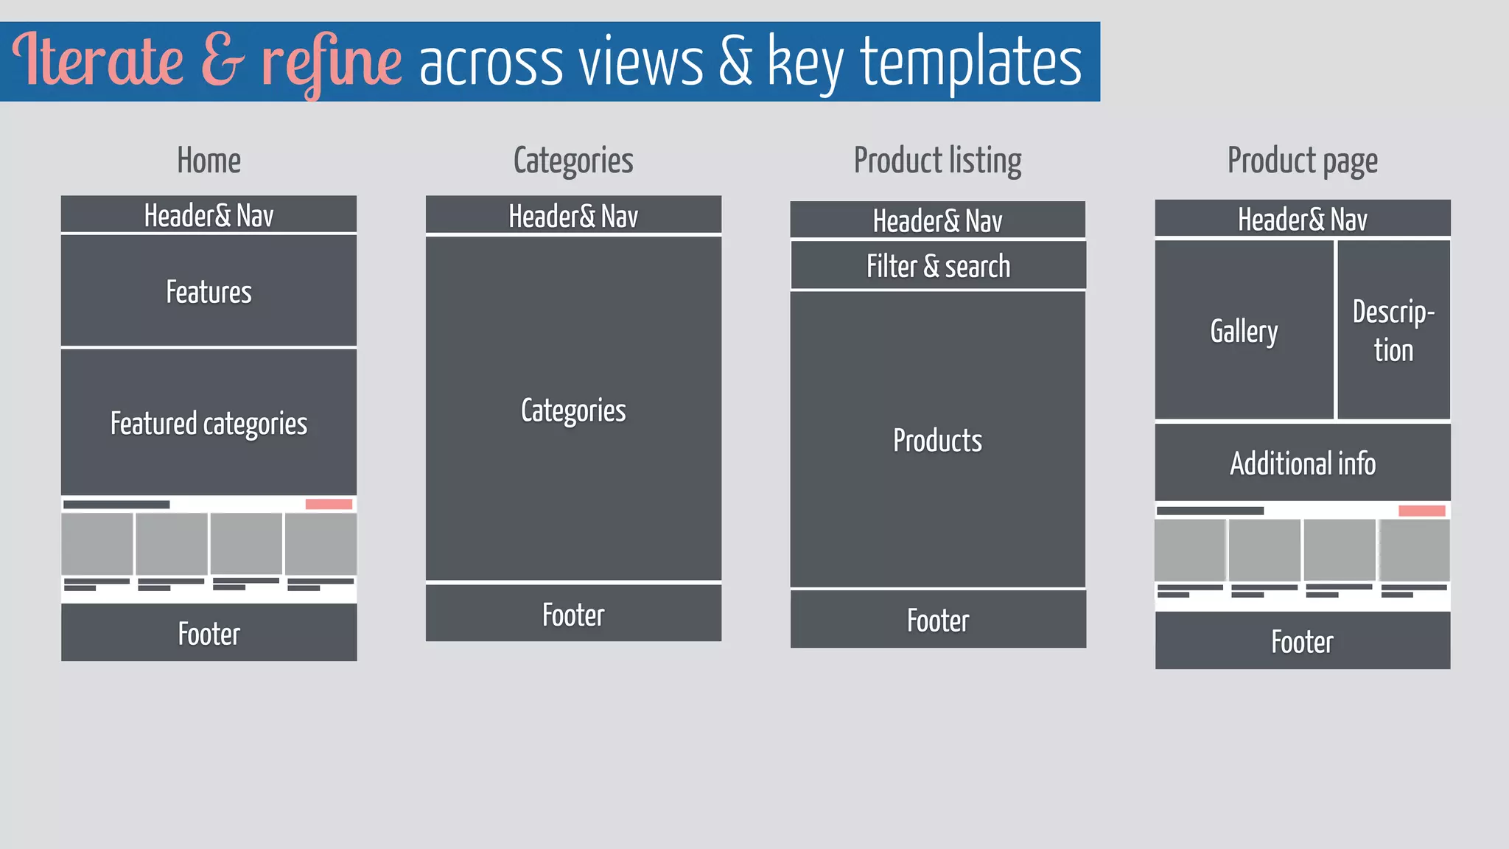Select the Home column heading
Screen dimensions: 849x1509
pos(209,161)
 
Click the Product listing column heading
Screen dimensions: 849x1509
pos(937,161)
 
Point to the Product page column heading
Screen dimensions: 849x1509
pos(1302,161)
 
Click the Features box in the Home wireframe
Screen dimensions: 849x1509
pos(209,291)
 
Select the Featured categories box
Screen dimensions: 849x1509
pos(209,423)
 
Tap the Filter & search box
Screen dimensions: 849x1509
pos(938,266)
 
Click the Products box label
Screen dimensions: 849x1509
pos(937,440)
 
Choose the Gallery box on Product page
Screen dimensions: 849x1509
pos(1244,331)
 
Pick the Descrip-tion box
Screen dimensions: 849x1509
pos(1393,331)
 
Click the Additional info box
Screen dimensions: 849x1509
pos(1302,463)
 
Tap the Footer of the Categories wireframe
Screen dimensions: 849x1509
pos(573,614)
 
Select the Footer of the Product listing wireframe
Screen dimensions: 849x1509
pos(938,620)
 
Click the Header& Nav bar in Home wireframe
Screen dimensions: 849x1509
pos(209,215)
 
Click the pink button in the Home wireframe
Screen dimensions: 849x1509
pos(329,504)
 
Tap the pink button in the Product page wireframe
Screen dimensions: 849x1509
pos(1421,511)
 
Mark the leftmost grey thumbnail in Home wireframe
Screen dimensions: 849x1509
pos(97,544)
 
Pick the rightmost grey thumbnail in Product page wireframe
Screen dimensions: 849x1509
pos(1414,550)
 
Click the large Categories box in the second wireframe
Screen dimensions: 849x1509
pos(573,410)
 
